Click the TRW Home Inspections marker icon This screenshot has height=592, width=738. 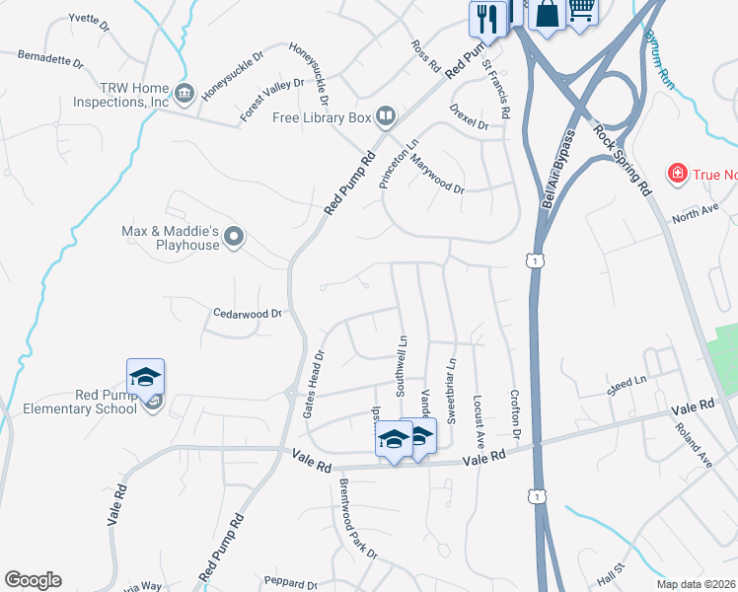[184, 95]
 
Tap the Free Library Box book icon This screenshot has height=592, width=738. [386, 117]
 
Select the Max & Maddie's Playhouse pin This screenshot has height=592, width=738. [234, 236]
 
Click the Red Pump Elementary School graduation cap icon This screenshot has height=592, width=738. [145, 376]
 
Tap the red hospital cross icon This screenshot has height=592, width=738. [678, 175]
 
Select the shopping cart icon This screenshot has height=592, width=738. [582, 10]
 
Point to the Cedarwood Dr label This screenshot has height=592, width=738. [249, 314]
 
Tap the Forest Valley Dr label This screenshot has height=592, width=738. [273, 100]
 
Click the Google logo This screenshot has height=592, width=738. [33, 580]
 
